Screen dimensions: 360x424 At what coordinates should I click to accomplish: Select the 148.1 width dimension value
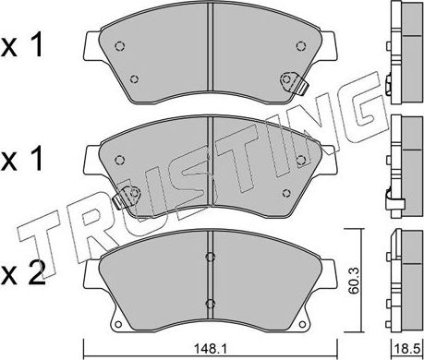(x=212, y=350)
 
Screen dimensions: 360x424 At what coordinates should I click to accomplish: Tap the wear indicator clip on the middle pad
(x=123, y=195)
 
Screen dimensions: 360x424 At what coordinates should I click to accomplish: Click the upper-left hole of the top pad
(x=120, y=46)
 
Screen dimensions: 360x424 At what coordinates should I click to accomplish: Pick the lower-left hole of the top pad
(x=134, y=78)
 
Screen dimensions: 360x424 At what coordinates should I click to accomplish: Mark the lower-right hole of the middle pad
(x=287, y=191)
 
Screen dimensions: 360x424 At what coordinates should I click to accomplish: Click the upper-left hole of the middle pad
(x=120, y=160)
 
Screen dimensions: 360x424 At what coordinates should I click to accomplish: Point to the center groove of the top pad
(x=212, y=46)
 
